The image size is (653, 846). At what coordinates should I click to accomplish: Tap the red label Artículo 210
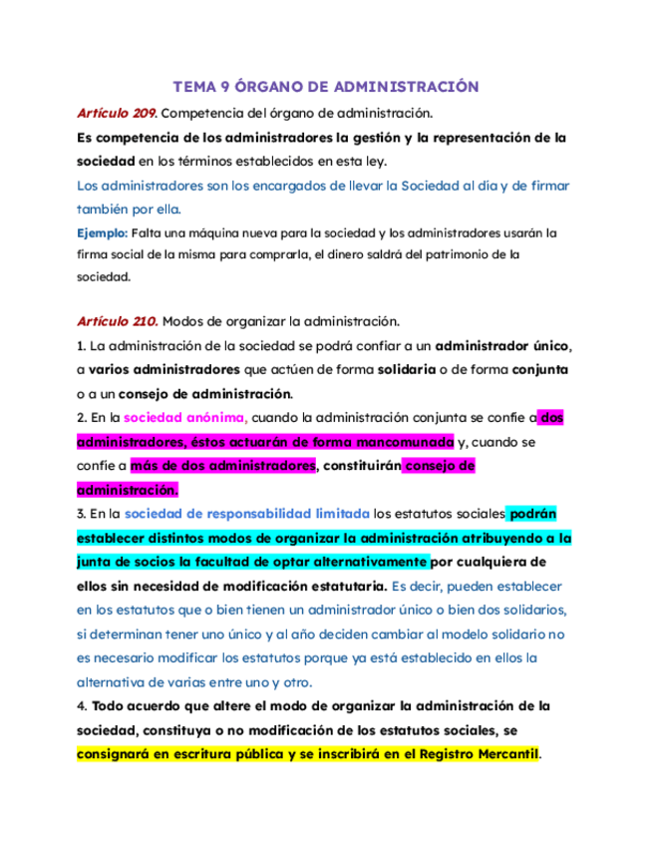point(117,321)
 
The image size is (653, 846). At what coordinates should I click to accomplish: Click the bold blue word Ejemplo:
point(103,232)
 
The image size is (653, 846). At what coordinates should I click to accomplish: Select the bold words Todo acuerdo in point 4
point(137,705)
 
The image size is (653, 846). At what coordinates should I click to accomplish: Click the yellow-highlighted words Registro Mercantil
point(475,754)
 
